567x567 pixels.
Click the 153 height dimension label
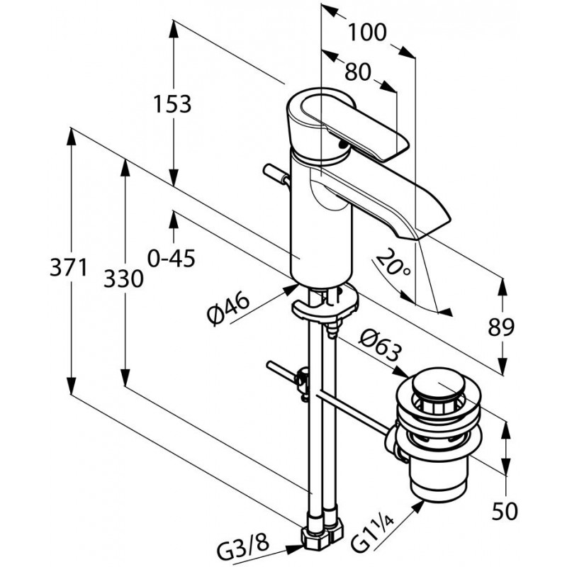pyautogui.click(x=172, y=104)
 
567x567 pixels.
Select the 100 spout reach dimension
pyautogui.click(x=367, y=32)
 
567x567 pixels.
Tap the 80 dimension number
pyautogui.click(x=358, y=72)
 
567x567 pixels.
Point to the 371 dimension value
pyautogui.click(x=69, y=268)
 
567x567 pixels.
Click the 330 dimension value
pyautogui.click(x=123, y=279)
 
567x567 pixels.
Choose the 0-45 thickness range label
pyautogui.click(x=172, y=258)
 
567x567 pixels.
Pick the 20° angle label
pyautogui.click(x=393, y=263)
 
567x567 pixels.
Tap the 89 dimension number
pyautogui.click(x=501, y=327)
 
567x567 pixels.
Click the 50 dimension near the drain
pyautogui.click(x=505, y=511)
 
